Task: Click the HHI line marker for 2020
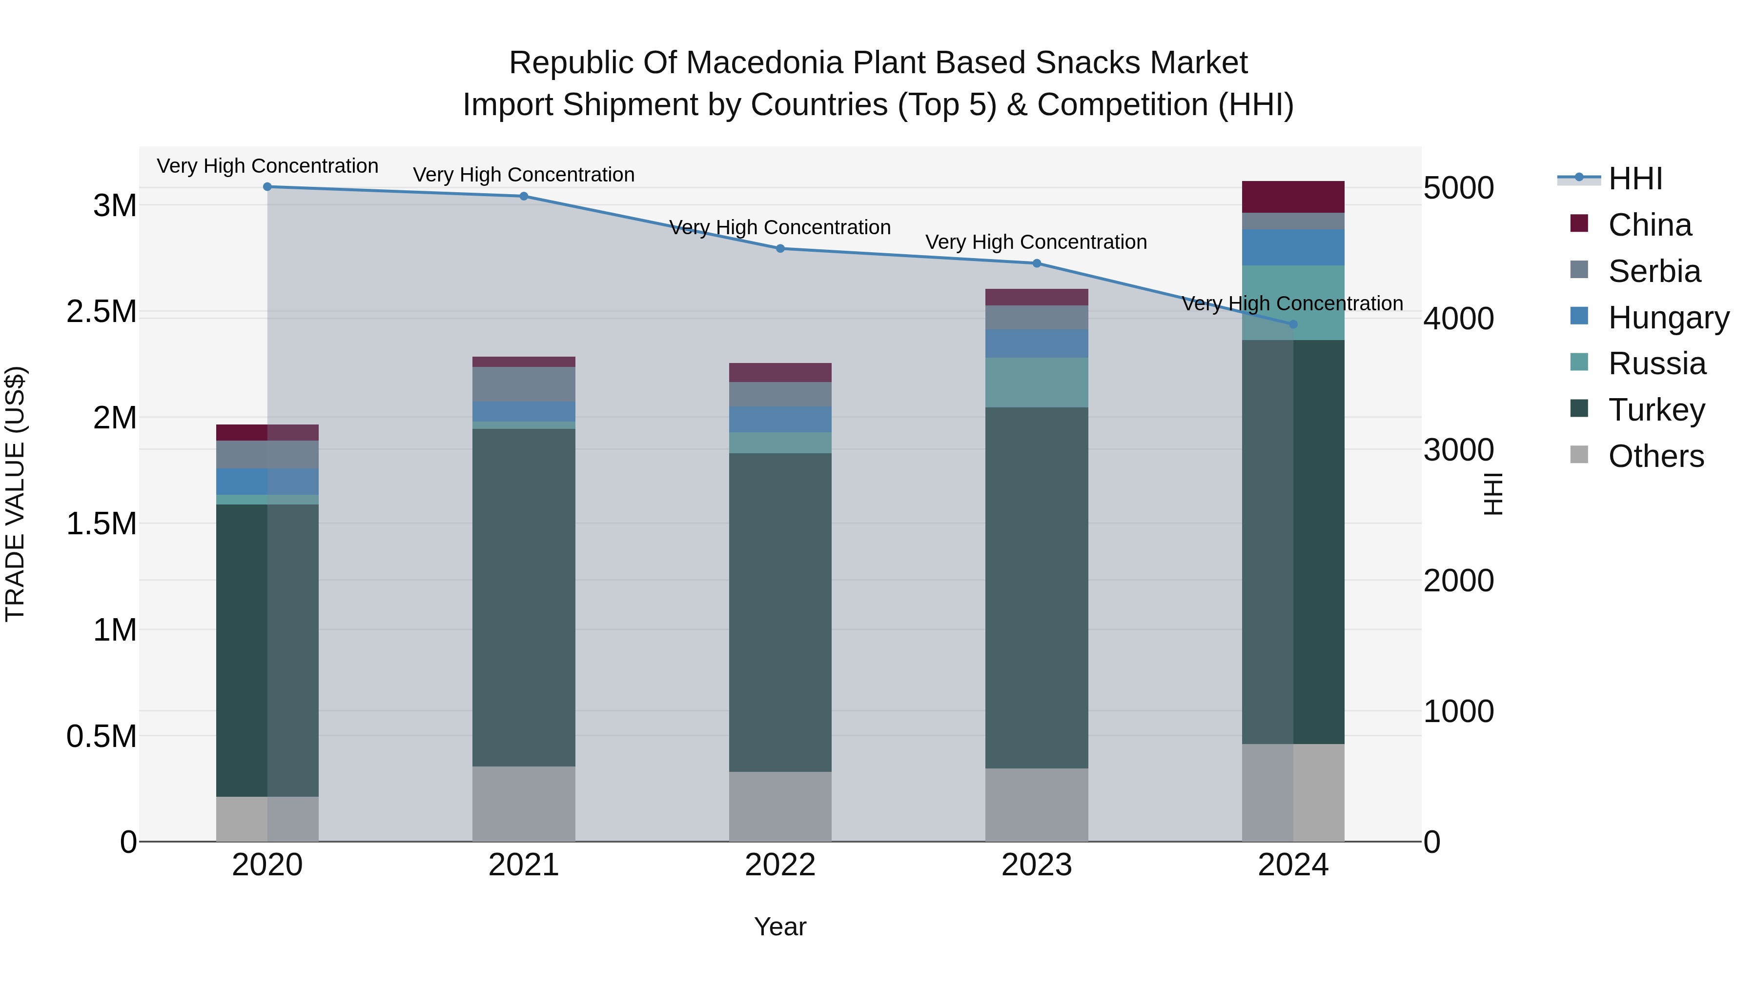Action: (x=267, y=187)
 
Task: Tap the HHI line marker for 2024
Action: (x=1293, y=324)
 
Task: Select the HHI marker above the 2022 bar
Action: (x=780, y=249)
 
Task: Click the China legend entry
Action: (x=1649, y=225)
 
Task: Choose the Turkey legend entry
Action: (x=1656, y=410)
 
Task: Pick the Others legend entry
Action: (x=1655, y=456)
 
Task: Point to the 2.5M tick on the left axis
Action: (x=102, y=312)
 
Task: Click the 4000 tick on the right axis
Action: (x=1458, y=319)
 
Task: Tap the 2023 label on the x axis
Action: (x=1037, y=865)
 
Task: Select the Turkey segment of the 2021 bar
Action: (x=524, y=597)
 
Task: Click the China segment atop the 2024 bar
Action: (x=1293, y=197)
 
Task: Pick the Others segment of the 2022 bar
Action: (x=780, y=806)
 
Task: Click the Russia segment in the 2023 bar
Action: (x=1037, y=383)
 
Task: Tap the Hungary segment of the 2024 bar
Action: (x=1293, y=247)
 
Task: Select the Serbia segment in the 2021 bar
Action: (x=524, y=384)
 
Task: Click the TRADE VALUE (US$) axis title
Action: (x=15, y=494)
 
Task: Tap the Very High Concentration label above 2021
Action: (x=524, y=175)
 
